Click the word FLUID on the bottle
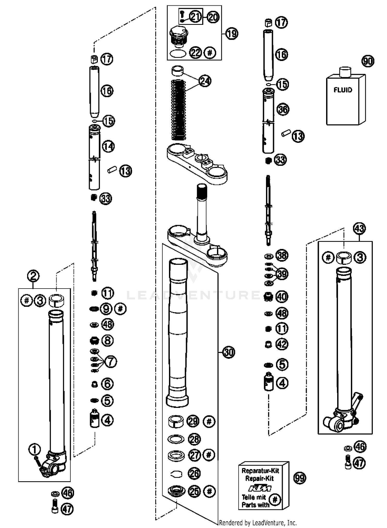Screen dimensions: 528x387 point(343,90)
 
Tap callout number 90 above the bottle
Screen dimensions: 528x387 point(368,61)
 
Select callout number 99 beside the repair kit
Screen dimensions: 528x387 point(300,478)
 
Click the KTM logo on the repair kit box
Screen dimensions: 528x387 point(260,488)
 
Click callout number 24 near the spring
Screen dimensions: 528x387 point(205,81)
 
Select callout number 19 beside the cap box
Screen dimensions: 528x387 point(232,33)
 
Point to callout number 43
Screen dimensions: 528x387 point(359,228)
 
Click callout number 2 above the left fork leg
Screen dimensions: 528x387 point(33,276)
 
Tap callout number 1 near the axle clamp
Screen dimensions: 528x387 point(35,449)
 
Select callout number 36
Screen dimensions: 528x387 point(283,109)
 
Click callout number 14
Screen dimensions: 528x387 point(108,146)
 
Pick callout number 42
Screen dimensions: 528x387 point(282,344)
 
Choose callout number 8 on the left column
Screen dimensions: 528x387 point(107,340)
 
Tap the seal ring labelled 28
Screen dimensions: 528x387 point(176,439)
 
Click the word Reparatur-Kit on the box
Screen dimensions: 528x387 point(260,471)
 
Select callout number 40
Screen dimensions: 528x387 point(282,297)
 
